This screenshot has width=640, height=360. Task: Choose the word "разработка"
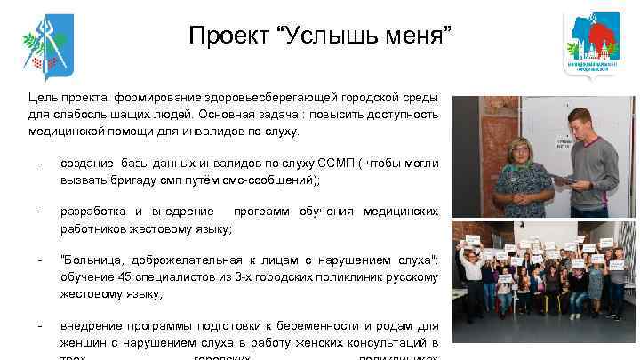pos(92,212)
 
